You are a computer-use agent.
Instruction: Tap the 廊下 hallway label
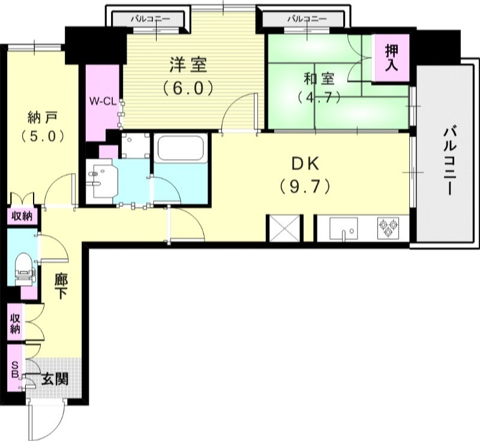[60, 287]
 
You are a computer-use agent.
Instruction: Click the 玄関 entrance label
[55, 379]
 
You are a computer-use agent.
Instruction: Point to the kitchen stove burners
[386, 227]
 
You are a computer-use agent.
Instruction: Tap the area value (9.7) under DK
[305, 187]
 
